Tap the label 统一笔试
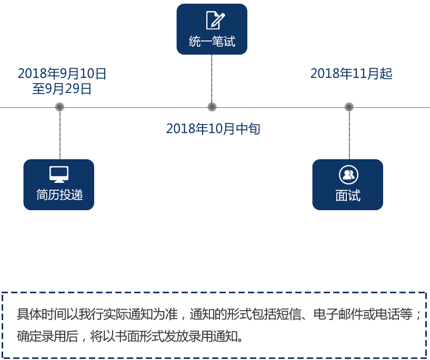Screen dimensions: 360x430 tap(212, 42)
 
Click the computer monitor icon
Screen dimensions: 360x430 tap(59, 174)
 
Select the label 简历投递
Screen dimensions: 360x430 tap(59, 195)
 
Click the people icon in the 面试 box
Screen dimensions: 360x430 tap(348, 174)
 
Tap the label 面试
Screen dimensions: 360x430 tap(348, 196)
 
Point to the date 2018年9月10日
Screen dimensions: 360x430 tap(62, 74)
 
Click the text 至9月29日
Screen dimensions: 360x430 tap(62, 89)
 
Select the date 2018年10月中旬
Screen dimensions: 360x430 tap(213, 129)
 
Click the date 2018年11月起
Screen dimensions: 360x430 tap(351, 74)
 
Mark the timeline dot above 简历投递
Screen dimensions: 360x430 tap(59, 107)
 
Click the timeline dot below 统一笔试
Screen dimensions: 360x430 tap(212, 107)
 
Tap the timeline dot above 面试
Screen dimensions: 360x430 tap(349, 107)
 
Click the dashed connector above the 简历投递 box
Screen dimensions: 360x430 tap(59, 135)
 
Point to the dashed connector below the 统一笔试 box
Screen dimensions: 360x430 tap(212, 79)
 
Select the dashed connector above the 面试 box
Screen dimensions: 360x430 tap(349, 135)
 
